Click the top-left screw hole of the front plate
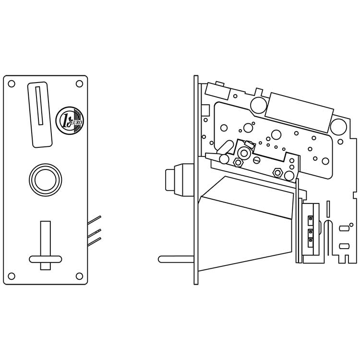(12, 84)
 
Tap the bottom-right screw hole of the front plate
(79, 276)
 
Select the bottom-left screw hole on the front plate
(12, 276)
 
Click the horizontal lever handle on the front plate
(46, 259)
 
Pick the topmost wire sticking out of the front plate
(95, 219)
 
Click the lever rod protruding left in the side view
(176, 259)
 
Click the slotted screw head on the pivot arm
(257, 159)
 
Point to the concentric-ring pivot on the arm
(244, 153)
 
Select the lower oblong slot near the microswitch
(344, 246)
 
